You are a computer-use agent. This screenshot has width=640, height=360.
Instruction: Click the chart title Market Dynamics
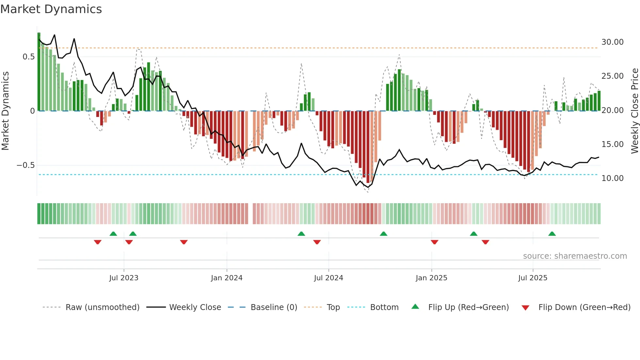point(51,9)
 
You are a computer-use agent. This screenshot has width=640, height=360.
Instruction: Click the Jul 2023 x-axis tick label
point(124,278)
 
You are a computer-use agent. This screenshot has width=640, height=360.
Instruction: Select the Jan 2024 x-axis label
point(227,278)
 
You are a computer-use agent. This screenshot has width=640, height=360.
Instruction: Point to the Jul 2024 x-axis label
point(328,278)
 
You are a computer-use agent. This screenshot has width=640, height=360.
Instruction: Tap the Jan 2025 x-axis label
point(431,278)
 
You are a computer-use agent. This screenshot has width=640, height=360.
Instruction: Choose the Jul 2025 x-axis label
point(533,278)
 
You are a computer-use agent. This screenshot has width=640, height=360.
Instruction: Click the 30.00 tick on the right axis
point(612,42)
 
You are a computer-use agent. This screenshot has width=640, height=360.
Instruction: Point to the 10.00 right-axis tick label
point(612,178)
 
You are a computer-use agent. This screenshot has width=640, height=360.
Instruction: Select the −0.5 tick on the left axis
point(26,165)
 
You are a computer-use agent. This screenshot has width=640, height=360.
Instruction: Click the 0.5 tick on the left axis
point(28,57)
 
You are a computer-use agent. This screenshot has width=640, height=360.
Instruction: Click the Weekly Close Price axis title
point(634,111)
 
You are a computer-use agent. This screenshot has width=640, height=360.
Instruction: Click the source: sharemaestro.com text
point(575,256)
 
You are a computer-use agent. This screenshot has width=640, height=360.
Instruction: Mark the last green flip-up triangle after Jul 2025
point(552,234)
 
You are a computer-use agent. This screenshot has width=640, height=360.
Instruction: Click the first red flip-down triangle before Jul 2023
point(98,242)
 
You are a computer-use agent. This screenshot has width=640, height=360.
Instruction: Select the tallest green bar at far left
point(39,72)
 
